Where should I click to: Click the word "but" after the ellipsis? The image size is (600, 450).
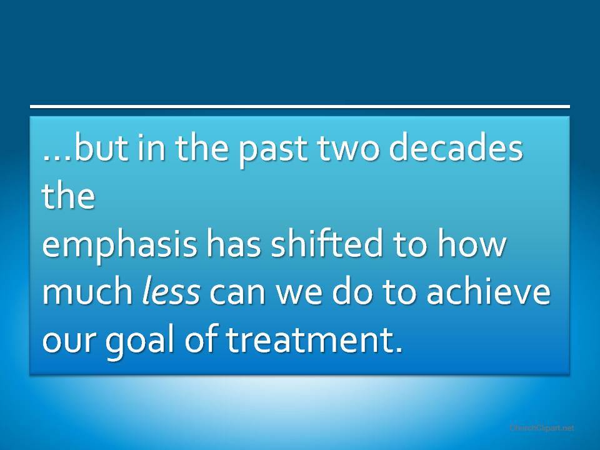click(x=101, y=147)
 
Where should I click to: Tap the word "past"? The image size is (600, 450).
click(x=273, y=151)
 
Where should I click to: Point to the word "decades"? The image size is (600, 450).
click(x=456, y=147)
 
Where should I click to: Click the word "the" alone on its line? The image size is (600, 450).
click(x=68, y=195)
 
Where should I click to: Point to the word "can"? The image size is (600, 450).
click(x=237, y=294)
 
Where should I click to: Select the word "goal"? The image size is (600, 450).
click(x=141, y=342)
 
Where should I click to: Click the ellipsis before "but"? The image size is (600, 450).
click(x=57, y=157)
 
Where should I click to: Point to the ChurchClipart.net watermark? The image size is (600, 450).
click(x=542, y=427)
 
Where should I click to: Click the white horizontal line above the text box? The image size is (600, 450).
click(x=300, y=106)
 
